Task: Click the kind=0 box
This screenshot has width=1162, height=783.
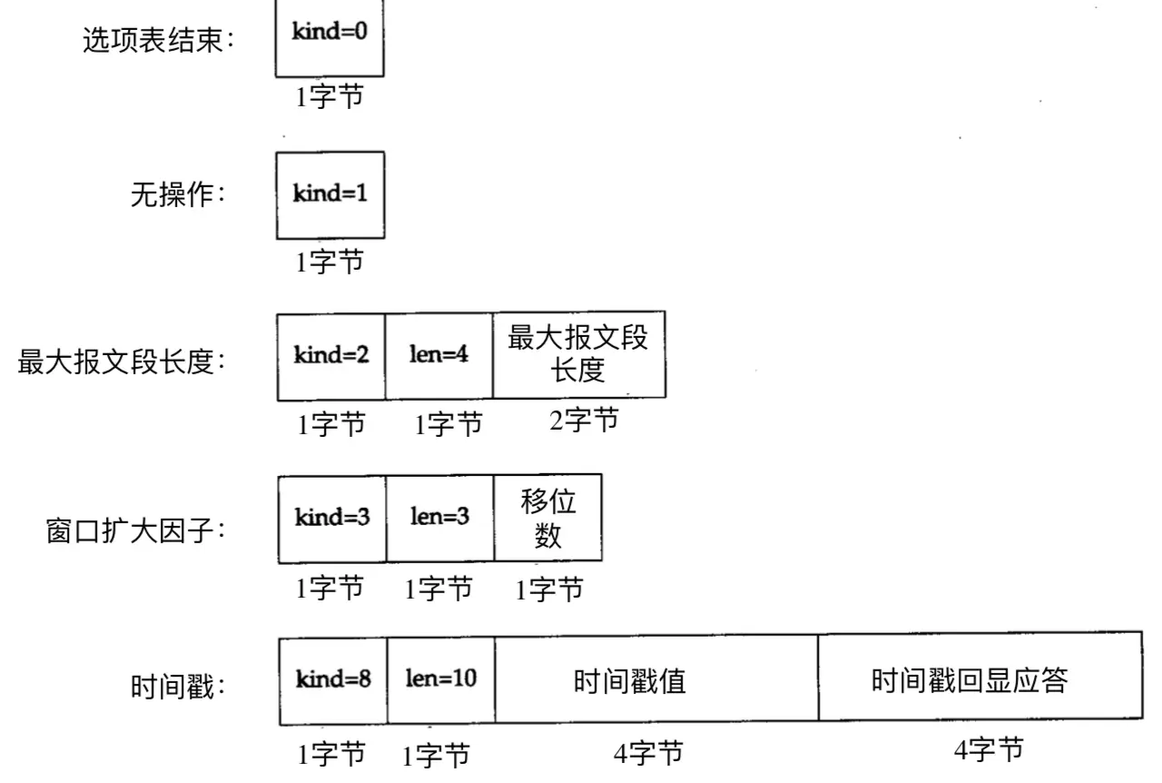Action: pos(330,37)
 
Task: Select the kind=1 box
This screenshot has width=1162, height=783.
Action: pos(330,195)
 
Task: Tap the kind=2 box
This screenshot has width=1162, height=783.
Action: pos(331,357)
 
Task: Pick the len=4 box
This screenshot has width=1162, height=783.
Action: pos(439,356)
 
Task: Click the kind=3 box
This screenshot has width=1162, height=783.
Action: pos(332,519)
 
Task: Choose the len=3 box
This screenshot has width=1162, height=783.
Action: pos(440,518)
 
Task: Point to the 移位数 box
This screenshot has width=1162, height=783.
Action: pos(548,518)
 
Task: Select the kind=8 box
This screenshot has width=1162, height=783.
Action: pos(333,681)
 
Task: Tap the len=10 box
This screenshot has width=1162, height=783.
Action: pos(441,680)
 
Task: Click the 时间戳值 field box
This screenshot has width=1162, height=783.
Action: pos(656,679)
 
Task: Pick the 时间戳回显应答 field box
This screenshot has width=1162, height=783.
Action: pos(980,677)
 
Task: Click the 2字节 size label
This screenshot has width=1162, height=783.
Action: pos(584,420)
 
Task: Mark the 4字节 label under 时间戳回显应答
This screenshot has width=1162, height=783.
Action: pos(989,749)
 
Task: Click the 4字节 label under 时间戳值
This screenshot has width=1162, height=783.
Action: pos(648,753)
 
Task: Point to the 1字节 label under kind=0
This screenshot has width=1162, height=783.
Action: pos(330,96)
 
